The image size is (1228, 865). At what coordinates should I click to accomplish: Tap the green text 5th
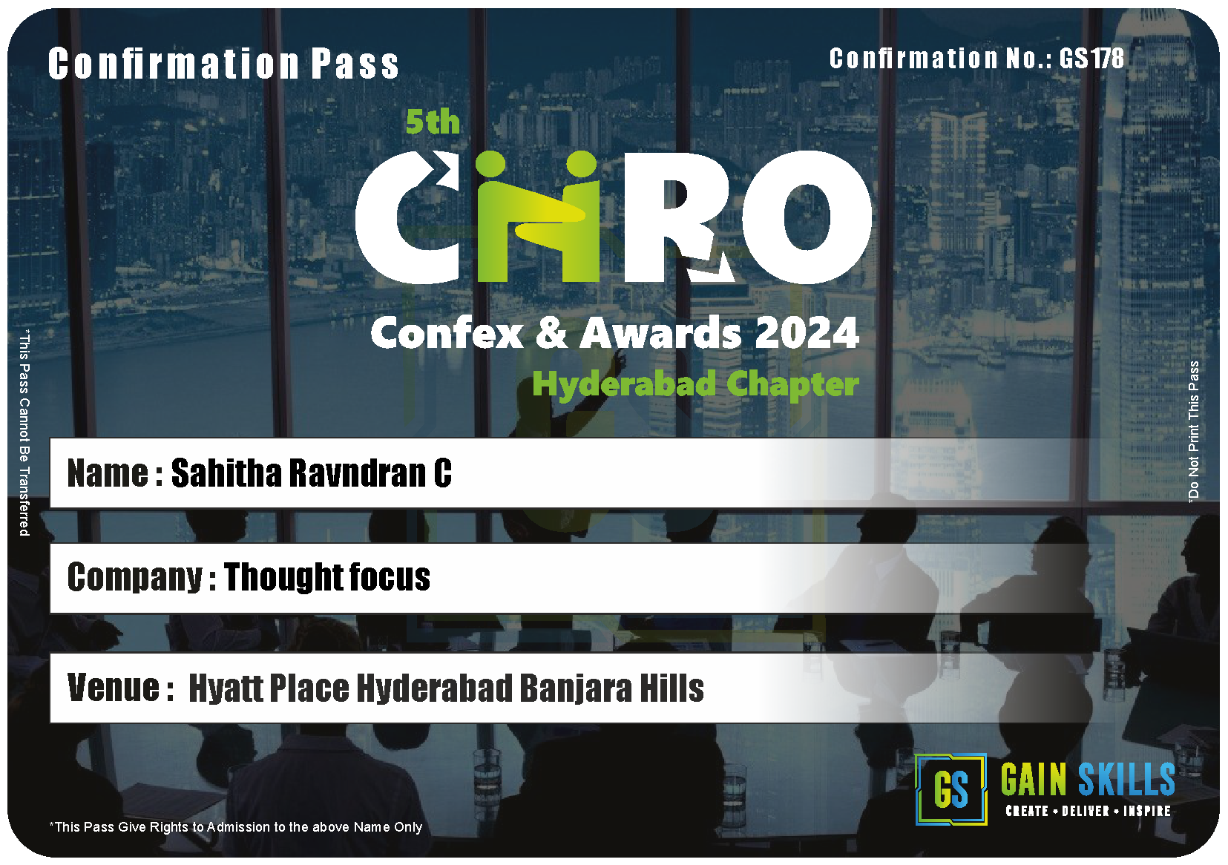[x=433, y=122]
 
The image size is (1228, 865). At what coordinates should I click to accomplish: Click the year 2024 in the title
[x=807, y=333]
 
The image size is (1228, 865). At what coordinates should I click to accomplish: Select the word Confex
[x=447, y=333]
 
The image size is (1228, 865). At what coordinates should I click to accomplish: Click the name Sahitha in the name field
[x=226, y=473]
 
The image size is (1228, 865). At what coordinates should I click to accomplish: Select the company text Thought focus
[x=327, y=576]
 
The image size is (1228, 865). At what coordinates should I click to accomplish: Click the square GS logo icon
[x=950, y=789]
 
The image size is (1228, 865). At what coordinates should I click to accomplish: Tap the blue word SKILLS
[x=1126, y=779]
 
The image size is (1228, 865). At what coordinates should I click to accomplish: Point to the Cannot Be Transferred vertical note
[x=24, y=433]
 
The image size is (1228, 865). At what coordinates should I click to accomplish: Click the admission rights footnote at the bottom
[x=236, y=826]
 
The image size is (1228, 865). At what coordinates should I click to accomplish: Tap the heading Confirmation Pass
[x=223, y=64]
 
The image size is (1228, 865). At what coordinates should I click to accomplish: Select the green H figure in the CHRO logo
[x=537, y=217]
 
